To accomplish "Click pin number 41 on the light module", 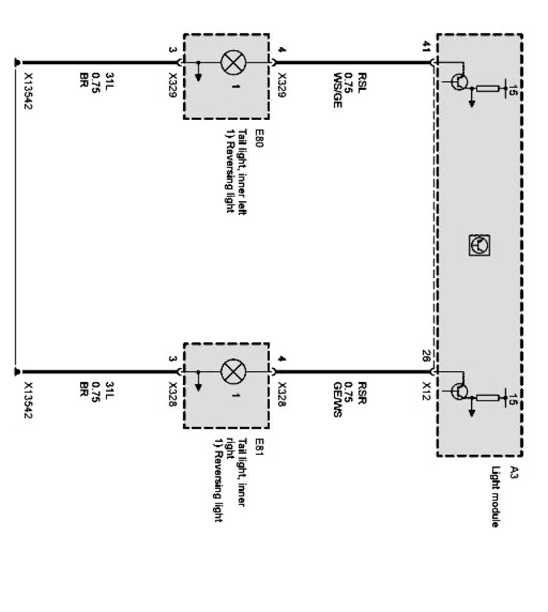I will (427, 46).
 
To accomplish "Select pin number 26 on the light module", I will (427, 356).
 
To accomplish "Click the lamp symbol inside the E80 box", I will (231, 62).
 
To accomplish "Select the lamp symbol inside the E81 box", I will (231, 371).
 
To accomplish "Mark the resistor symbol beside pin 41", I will (487, 89).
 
